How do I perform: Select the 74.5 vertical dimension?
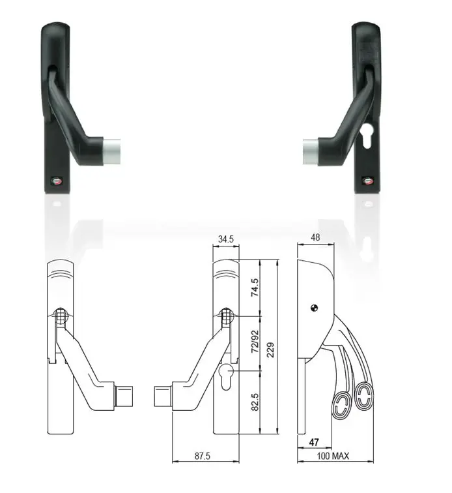[255, 287]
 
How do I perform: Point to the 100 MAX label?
[333, 456]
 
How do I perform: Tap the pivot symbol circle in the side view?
[315, 309]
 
